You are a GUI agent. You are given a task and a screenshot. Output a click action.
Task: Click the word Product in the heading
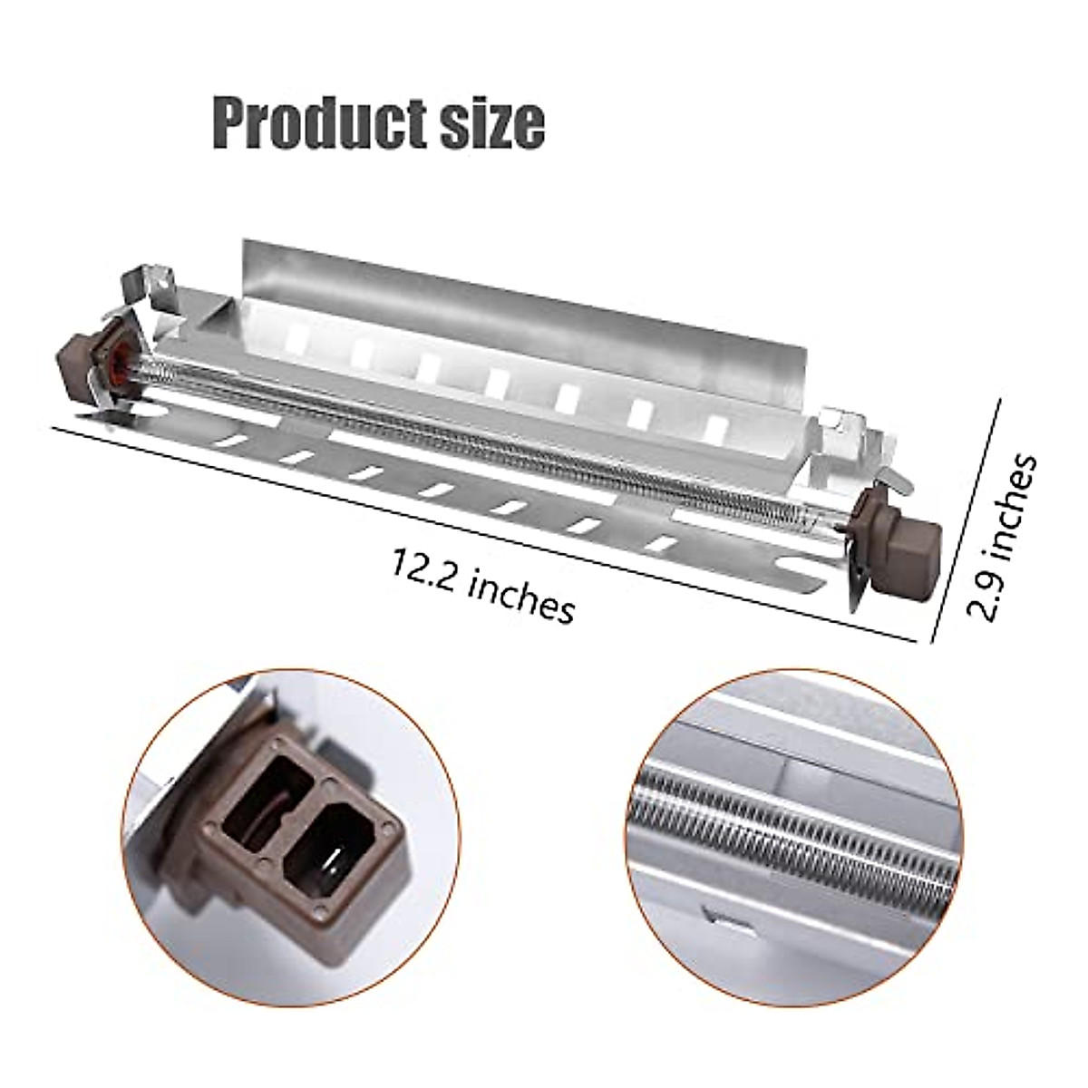[304, 125]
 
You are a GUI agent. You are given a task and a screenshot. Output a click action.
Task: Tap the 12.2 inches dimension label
[483, 588]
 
